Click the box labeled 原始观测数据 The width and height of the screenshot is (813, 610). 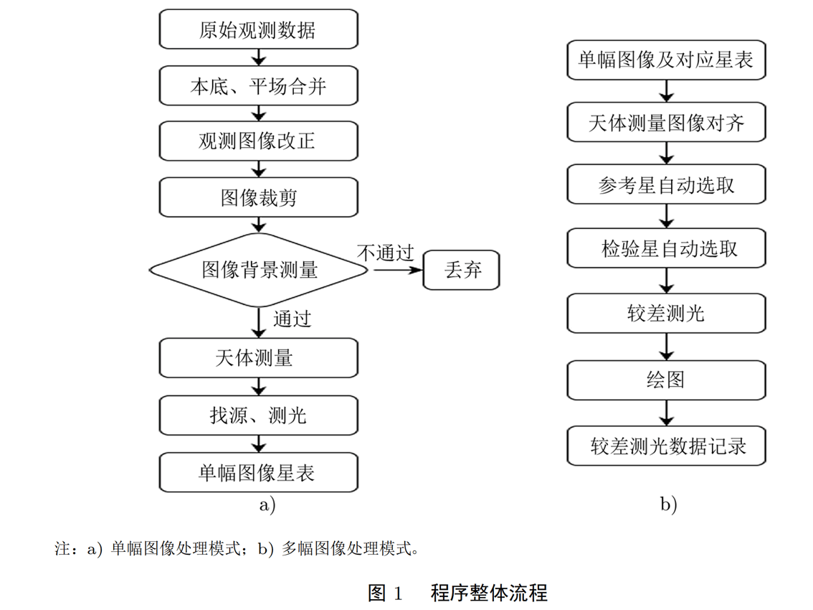258,29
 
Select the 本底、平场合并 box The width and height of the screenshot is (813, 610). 258,86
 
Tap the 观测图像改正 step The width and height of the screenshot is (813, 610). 258,141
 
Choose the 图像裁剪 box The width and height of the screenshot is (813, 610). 258,197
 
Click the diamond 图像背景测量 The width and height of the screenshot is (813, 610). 259,271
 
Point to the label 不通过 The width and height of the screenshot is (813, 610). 386,253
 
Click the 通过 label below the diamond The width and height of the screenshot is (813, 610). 292,319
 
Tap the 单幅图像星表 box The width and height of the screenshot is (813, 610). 258,472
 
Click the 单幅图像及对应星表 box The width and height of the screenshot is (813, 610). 667,60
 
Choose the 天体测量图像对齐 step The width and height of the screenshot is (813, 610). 667,122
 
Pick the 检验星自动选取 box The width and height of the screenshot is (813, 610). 667,248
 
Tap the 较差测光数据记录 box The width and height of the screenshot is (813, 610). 667,446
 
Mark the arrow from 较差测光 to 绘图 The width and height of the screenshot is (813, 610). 667,347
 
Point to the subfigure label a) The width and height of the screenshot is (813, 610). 267,505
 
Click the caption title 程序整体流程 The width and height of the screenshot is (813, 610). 490,593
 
